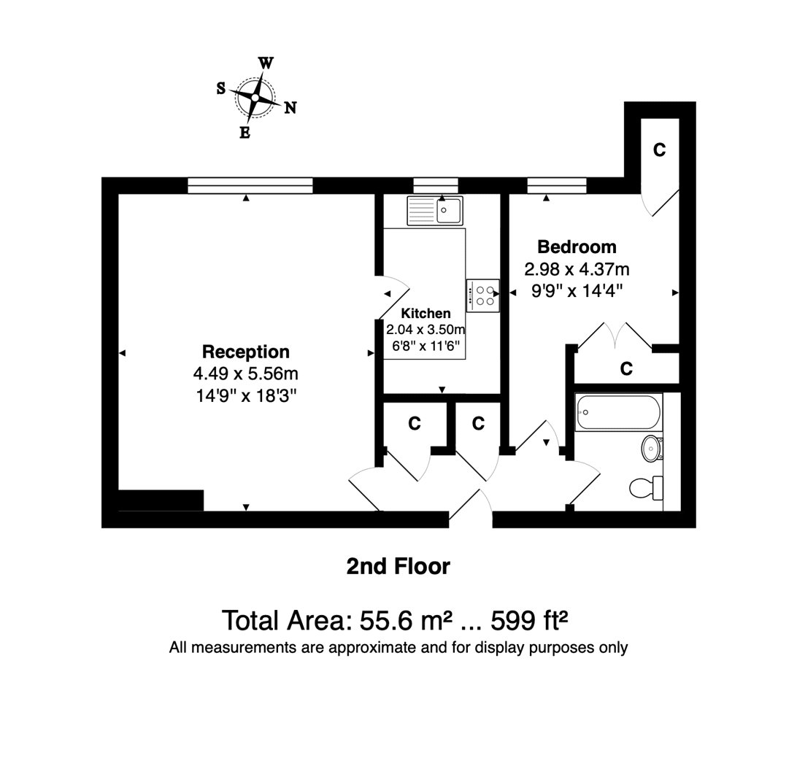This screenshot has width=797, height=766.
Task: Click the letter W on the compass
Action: point(266,63)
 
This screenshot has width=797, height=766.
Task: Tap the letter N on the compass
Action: point(290,108)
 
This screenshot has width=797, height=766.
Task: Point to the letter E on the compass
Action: point(245,133)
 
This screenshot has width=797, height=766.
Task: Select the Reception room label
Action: point(246,352)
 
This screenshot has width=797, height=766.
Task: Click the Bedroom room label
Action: point(577,247)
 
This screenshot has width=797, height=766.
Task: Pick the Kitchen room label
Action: point(426,313)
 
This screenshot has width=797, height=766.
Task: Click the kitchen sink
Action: point(435,211)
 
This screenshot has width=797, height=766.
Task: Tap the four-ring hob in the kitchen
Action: point(483,295)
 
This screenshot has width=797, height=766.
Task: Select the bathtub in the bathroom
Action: point(619,412)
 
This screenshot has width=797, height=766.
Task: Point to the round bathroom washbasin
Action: point(652,448)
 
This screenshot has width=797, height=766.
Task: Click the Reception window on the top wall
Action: point(250,185)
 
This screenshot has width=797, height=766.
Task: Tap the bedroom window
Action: point(557,185)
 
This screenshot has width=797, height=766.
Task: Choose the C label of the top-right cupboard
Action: point(659,150)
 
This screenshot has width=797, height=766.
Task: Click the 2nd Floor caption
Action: point(398,566)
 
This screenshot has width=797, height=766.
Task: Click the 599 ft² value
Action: point(528,620)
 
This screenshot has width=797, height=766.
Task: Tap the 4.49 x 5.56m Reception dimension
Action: point(245,374)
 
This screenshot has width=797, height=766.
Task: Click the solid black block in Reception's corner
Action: point(161,500)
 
